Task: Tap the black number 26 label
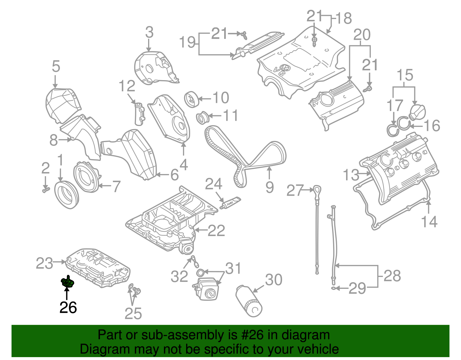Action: pos(68,308)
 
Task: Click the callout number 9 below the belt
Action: pos(269,187)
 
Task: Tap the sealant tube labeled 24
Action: pos(231,202)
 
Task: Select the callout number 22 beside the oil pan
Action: pos(216,231)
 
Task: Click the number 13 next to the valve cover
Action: pos(351,175)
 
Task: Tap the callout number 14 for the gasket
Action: pos(429,222)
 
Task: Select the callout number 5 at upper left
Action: pos(56,67)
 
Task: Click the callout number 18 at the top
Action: pos(344,18)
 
